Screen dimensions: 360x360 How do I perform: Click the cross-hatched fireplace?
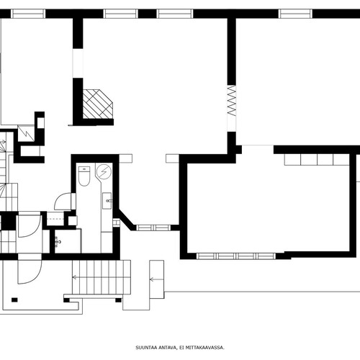point(97,104)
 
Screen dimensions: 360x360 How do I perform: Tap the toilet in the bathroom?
point(84,176)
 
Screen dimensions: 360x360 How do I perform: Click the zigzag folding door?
point(232,101)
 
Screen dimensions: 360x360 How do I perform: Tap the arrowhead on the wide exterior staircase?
point(74,277)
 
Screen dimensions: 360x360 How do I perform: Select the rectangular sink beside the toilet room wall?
point(107,201)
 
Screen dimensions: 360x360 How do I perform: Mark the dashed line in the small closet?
point(55,219)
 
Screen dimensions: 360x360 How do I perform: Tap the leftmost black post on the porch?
point(14,300)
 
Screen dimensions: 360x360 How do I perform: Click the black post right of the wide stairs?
point(118,300)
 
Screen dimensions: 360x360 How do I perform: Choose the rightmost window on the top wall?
point(296,14)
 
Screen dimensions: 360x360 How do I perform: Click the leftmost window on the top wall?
point(28,14)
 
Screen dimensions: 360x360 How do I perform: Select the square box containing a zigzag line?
point(26,133)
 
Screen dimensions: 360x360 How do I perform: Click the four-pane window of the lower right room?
point(236,256)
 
